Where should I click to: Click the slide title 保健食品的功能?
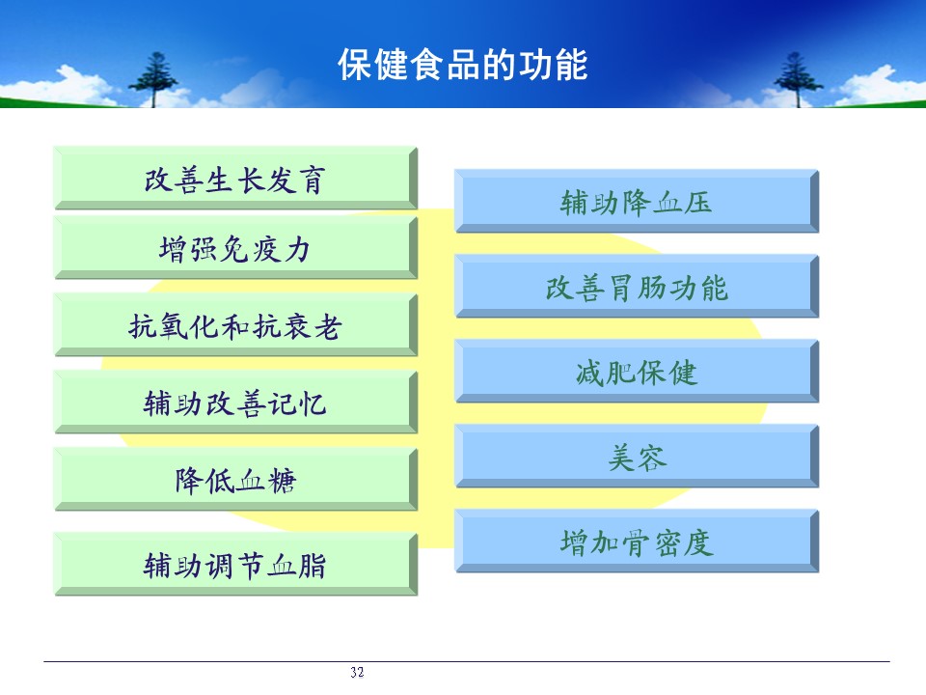(x=462, y=65)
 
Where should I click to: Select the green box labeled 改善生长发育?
(x=235, y=178)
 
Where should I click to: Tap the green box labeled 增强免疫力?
(x=235, y=247)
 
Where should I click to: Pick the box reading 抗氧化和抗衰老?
(x=235, y=324)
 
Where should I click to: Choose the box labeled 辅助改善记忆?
(x=235, y=402)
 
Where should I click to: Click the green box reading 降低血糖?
(x=235, y=480)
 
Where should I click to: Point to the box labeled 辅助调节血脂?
(x=235, y=564)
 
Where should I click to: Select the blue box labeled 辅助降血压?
(x=637, y=201)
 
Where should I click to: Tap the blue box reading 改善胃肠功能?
(x=637, y=286)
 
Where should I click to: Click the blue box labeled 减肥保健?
(x=637, y=371)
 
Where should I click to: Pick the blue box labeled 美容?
(x=637, y=457)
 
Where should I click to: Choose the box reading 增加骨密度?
(x=637, y=542)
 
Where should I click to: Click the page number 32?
(x=357, y=672)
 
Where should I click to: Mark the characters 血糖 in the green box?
(x=266, y=481)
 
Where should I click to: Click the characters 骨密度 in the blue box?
(x=667, y=542)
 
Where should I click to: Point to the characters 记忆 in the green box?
(x=296, y=404)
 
